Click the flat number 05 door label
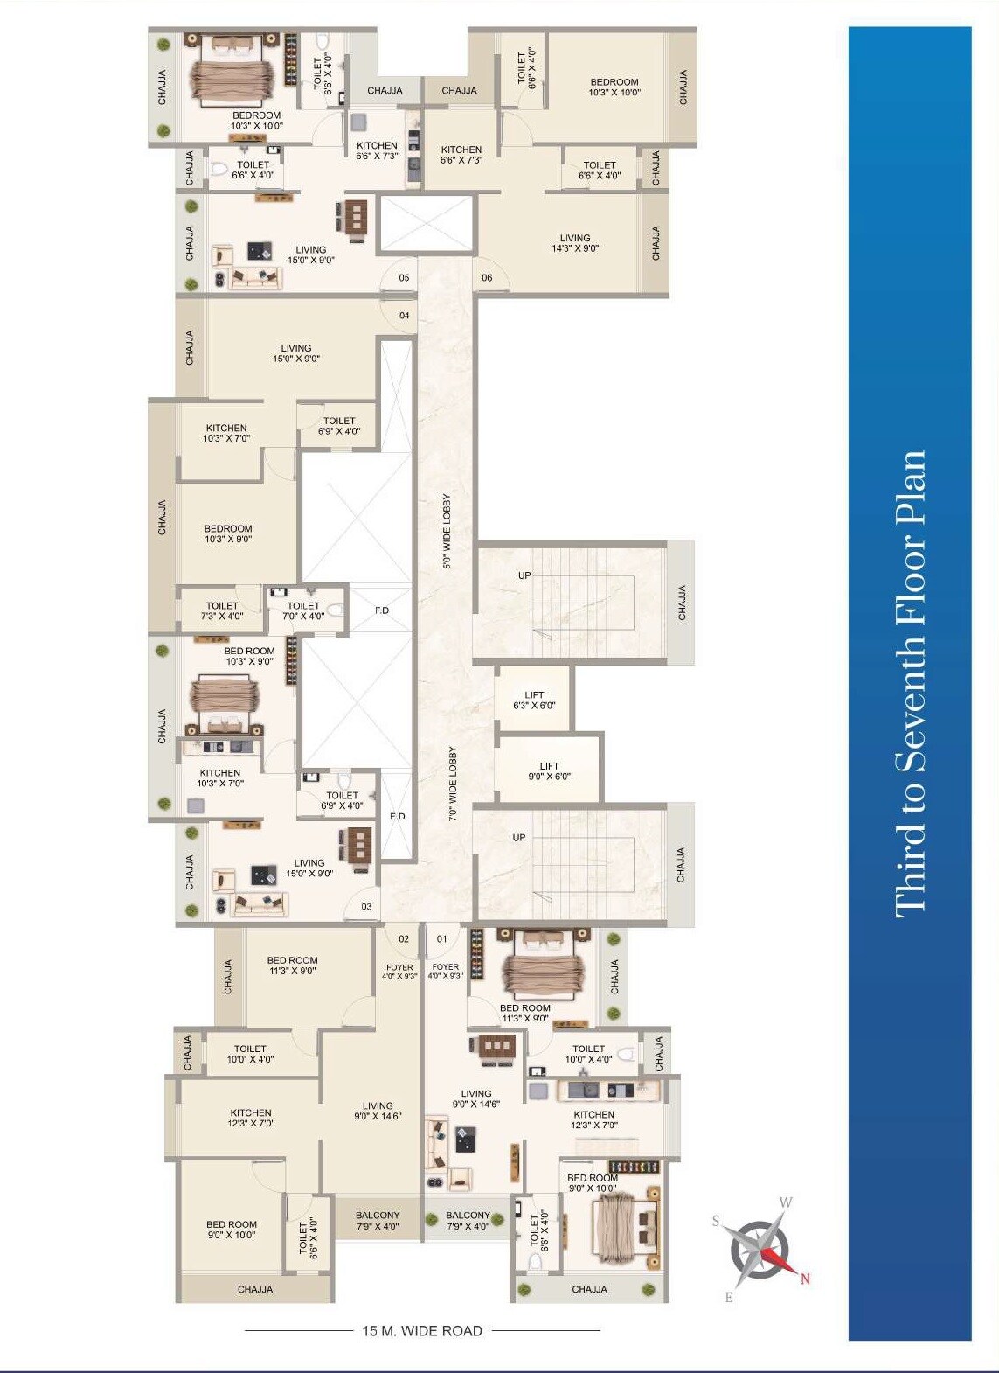click(x=405, y=278)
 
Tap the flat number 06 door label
click(x=486, y=278)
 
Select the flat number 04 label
click(x=405, y=316)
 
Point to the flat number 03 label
click(x=366, y=907)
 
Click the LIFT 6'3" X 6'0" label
click(x=534, y=700)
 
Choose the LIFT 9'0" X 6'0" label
click(x=550, y=771)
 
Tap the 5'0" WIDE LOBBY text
click(x=447, y=532)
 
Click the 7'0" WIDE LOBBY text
click(x=453, y=784)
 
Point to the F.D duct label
click(x=382, y=610)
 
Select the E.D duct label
click(x=397, y=817)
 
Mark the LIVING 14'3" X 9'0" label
click(x=574, y=243)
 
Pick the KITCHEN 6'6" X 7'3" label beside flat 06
click(x=461, y=155)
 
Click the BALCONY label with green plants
click(x=468, y=1220)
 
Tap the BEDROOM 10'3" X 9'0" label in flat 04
click(x=228, y=533)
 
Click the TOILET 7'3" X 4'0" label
click(x=222, y=610)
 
